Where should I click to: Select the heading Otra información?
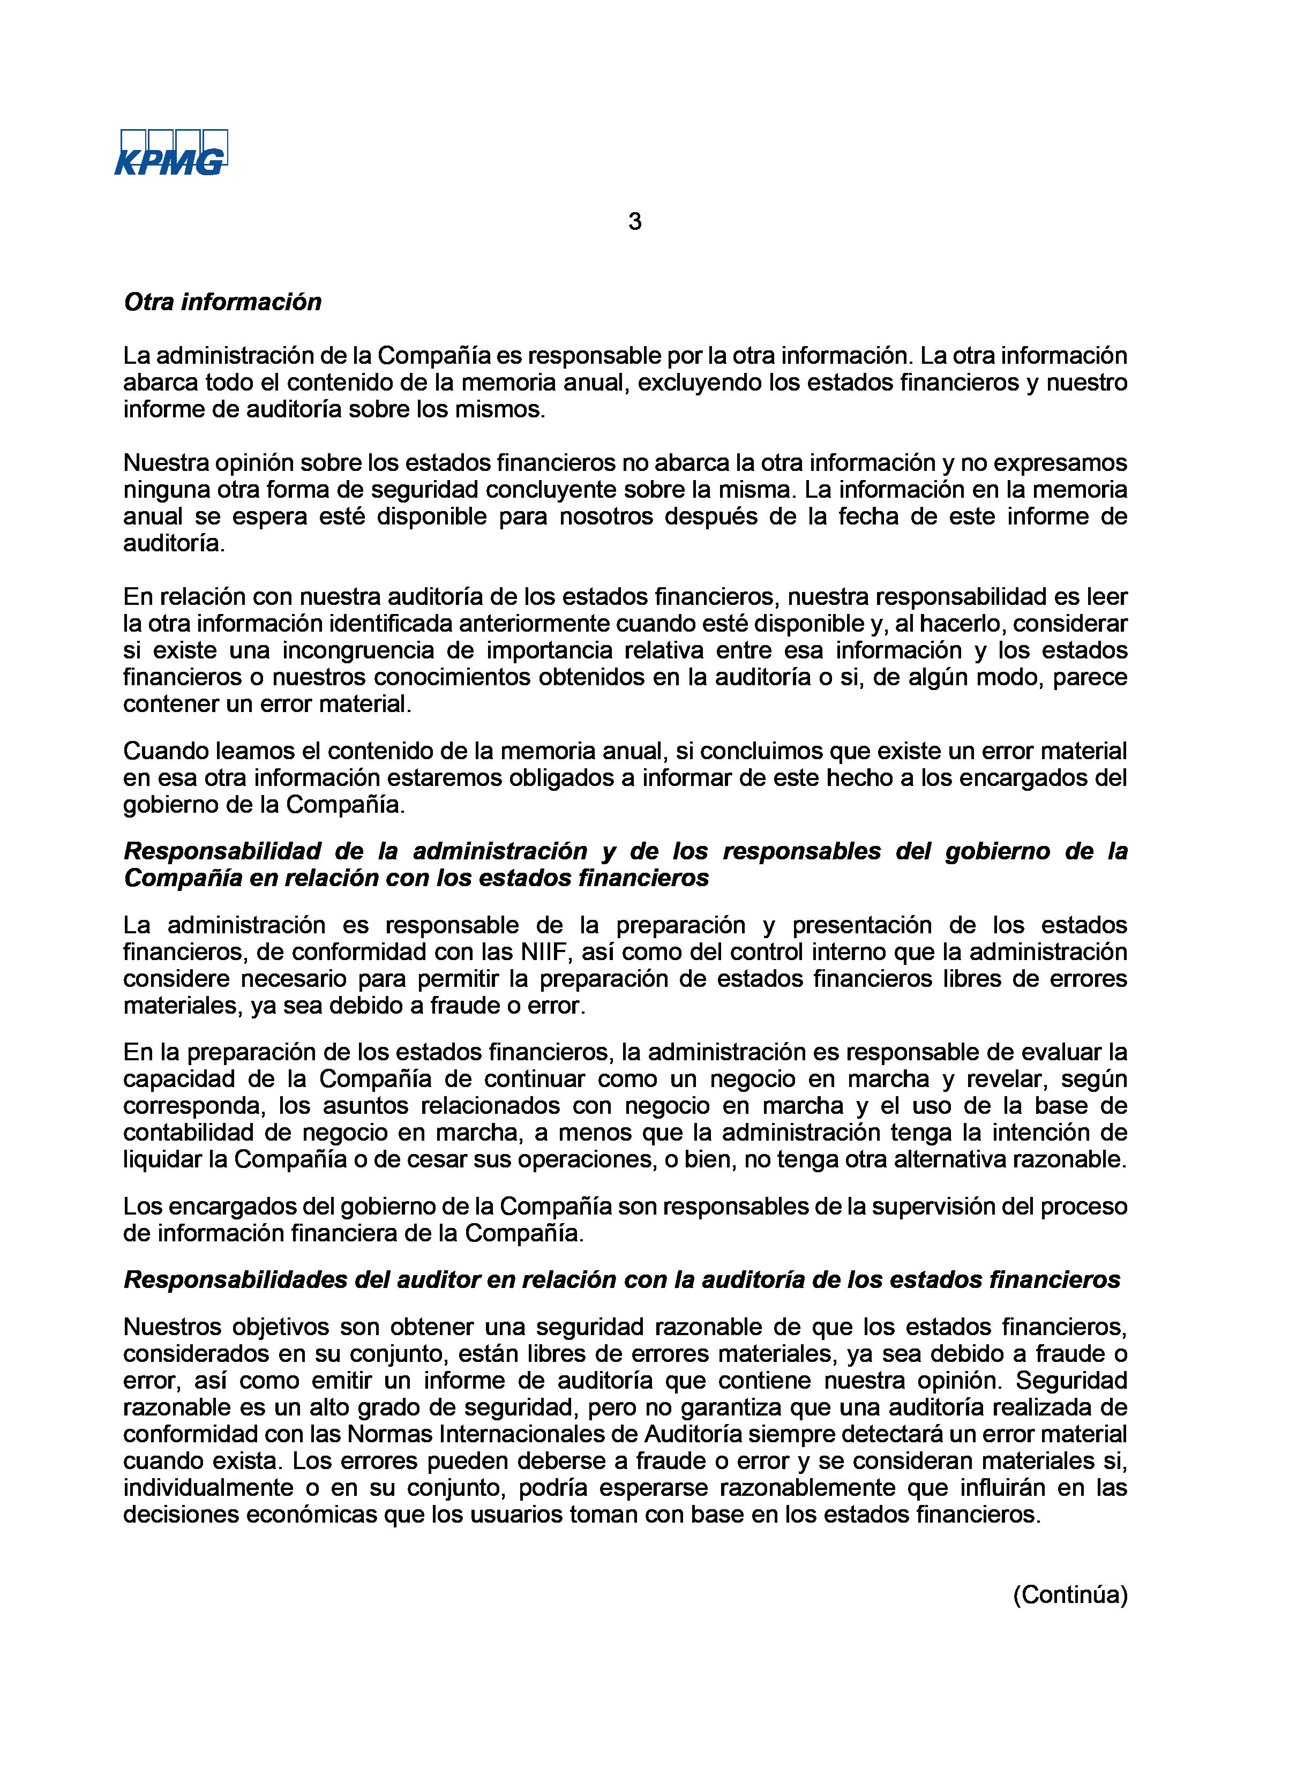222,303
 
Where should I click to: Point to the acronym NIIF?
537,953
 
